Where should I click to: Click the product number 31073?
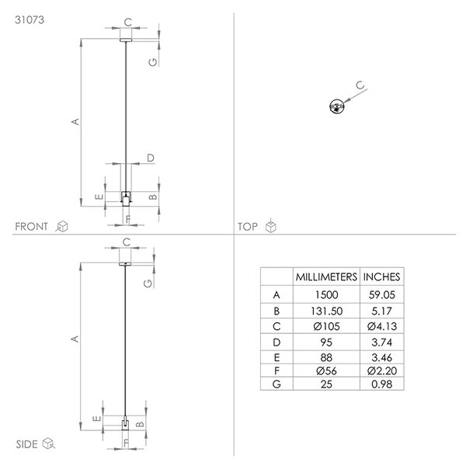[x=30, y=20]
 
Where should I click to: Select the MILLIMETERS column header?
[x=326, y=277]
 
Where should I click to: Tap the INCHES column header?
[x=381, y=277]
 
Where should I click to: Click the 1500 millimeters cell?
[x=327, y=295]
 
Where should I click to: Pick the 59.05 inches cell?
[x=382, y=295]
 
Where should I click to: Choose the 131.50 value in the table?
[x=327, y=311]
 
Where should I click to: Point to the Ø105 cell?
[x=326, y=326]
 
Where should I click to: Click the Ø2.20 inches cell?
[x=382, y=370]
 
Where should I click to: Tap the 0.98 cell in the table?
[x=382, y=384]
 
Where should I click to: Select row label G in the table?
[x=276, y=384]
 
